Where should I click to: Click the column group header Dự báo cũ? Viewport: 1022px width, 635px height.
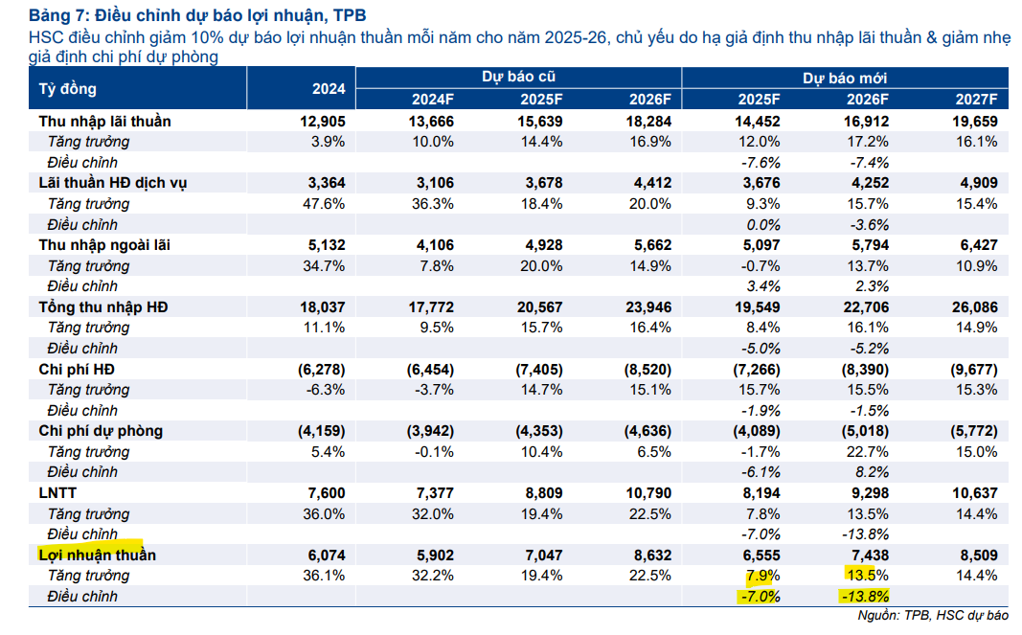tap(518, 78)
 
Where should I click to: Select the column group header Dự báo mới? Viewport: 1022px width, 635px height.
tap(843, 78)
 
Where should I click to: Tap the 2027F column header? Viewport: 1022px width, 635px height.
tap(976, 100)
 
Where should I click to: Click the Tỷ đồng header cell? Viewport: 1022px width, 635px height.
tap(68, 89)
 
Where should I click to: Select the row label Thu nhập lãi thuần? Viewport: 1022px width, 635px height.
tap(105, 122)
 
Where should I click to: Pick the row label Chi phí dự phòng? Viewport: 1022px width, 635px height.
tap(101, 431)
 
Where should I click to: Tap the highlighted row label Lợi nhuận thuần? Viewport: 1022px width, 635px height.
tap(97, 555)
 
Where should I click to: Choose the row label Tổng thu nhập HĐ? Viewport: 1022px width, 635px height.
tap(103, 307)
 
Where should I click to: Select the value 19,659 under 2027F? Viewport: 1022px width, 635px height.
tap(975, 122)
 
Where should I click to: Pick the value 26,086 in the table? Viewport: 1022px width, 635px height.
tap(975, 307)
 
